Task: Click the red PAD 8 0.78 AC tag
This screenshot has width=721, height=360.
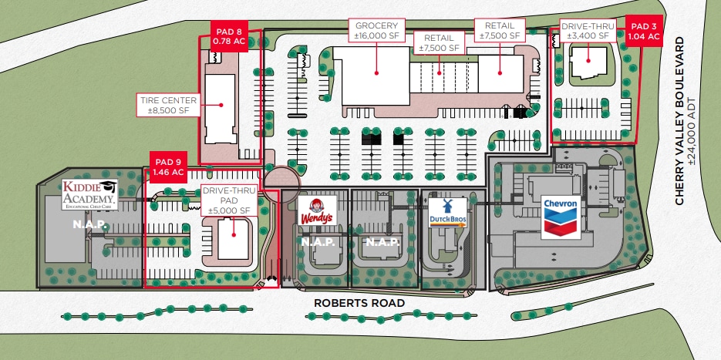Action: (228, 35)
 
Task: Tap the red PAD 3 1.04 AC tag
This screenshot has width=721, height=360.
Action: (642, 31)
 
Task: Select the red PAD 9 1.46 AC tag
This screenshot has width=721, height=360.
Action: (167, 167)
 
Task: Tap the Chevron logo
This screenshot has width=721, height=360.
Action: (561, 217)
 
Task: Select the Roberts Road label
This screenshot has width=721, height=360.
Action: (359, 303)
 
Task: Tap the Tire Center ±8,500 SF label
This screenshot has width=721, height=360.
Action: (168, 105)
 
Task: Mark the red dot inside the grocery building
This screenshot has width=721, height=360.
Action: (377, 72)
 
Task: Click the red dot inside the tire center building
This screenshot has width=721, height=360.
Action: (220, 105)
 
